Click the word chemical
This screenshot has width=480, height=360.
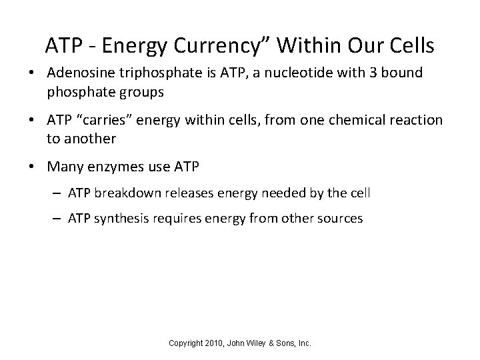pos(351,120)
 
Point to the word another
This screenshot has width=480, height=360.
pos(89,139)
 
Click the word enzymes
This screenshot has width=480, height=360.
pos(113,167)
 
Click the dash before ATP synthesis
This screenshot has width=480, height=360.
pos(58,218)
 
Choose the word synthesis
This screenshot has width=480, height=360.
pos(119,218)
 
